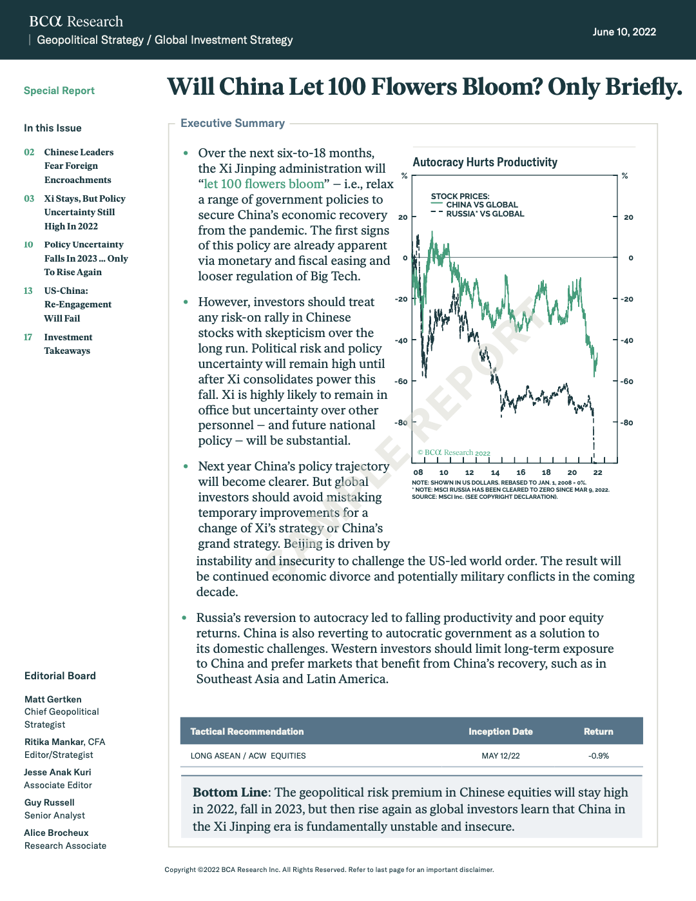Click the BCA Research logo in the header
(x=76, y=21)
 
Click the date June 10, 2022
(x=624, y=32)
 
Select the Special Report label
(x=59, y=91)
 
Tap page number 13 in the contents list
(x=28, y=291)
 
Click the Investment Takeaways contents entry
(x=68, y=344)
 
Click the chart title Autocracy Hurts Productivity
(x=485, y=162)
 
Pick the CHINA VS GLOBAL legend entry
(x=481, y=205)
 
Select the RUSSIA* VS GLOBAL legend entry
(x=485, y=214)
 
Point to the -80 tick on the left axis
(x=401, y=423)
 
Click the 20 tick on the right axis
(x=628, y=217)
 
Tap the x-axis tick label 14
(x=495, y=472)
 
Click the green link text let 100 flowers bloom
(x=264, y=184)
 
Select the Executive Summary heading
(x=233, y=123)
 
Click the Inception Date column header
(x=500, y=731)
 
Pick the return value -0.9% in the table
(x=599, y=755)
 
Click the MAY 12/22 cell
(x=500, y=755)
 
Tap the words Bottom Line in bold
(x=230, y=792)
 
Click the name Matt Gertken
(x=53, y=699)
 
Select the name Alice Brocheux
(x=56, y=833)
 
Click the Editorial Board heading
(x=60, y=675)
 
